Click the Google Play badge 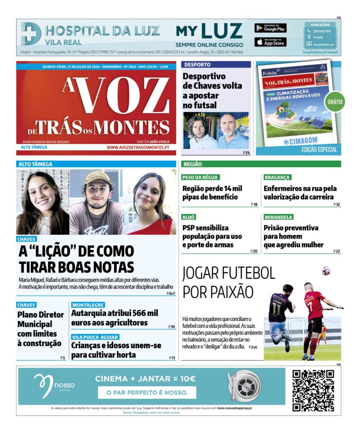click(x=270, y=28)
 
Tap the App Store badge click(x=270, y=42)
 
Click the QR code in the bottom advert click(x=313, y=390)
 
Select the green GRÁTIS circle click(x=335, y=102)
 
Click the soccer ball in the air click(x=326, y=271)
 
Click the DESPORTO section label click(x=197, y=64)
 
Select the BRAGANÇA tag click(x=277, y=177)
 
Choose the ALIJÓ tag click(x=189, y=217)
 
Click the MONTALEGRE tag click(x=88, y=305)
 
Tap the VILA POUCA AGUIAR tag click(x=95, y=337)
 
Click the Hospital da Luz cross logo click(x=31, y=33)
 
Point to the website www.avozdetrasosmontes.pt click(x=138, y=147)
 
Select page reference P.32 click(x=337, y=204)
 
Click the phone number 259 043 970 click(x=322, y=31)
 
